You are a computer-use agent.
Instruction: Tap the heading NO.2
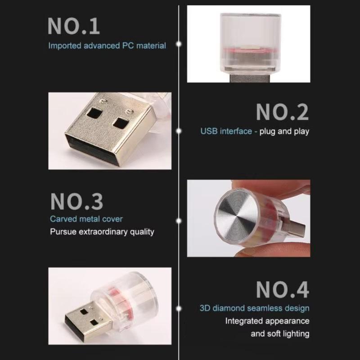[283, 112]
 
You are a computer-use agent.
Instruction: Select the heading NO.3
[77, 202]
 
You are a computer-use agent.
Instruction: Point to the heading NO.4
[283, 290]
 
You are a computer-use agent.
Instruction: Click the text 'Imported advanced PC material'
[107, 45]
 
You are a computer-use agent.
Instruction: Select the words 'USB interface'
[226, 131]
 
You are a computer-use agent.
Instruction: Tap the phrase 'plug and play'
[284, 131]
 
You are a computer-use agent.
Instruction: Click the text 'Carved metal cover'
[86, 219]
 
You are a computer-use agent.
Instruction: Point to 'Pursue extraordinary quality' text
[102, 232]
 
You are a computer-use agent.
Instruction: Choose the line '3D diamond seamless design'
[255, 308]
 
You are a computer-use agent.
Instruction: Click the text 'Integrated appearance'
[267, 321]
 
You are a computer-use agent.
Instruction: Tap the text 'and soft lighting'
[280, 334]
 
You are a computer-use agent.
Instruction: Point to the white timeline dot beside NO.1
[179, 44]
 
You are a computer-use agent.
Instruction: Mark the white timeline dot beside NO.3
[179, 221]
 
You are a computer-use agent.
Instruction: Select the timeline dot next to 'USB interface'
[179, 131]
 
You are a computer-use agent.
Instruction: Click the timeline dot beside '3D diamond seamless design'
[179, 309]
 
